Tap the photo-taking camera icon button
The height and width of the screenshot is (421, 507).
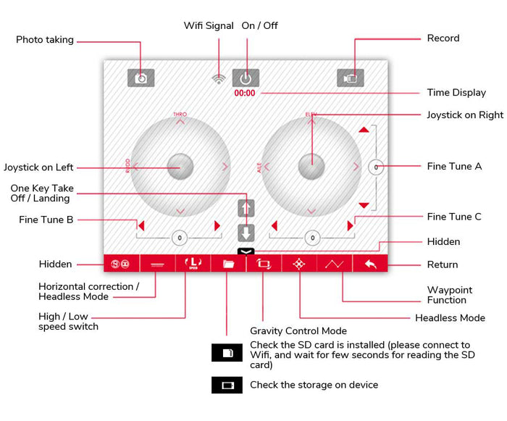[141, 78]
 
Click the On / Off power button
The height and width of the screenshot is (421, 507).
[246, 78]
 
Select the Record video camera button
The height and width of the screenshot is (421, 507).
[351, 78]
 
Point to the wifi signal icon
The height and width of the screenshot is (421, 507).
[219, 78]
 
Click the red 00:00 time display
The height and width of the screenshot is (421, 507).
[244, 93]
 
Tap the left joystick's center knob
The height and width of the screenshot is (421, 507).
[180, 167]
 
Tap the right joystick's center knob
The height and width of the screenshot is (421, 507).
[311, 167]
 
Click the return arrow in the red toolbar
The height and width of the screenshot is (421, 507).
[370, 264]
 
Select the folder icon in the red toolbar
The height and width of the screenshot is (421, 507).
[227, 264]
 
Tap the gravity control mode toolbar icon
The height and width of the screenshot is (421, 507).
[263, 264]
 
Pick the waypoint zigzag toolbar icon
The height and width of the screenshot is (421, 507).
[335, 264]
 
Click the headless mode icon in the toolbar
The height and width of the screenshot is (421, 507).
[298, 264]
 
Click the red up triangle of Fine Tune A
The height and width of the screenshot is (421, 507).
[364, 130]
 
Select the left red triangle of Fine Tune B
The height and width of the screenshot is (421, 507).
[142, 225]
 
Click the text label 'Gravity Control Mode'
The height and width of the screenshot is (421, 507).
[298, 331]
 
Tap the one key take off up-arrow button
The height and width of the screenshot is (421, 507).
[246, 209]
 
